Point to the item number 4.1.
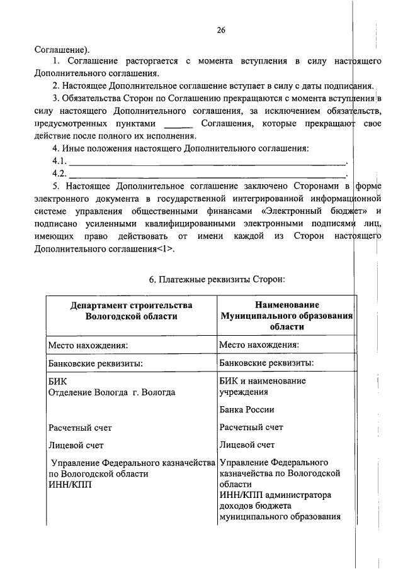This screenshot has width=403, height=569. pos(60,161)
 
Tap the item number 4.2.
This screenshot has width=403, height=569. pos(60,173)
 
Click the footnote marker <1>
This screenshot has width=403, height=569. pos(166,248)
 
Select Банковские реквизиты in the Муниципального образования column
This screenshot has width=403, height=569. pos(266,363)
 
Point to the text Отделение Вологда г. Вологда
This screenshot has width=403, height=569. pos(112,392)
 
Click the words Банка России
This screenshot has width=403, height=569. pos(246,409)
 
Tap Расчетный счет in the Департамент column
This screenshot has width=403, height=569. pos(80,428)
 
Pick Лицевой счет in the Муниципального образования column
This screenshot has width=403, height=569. pos(247,445)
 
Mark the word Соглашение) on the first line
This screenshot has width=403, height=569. pos(62,49)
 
